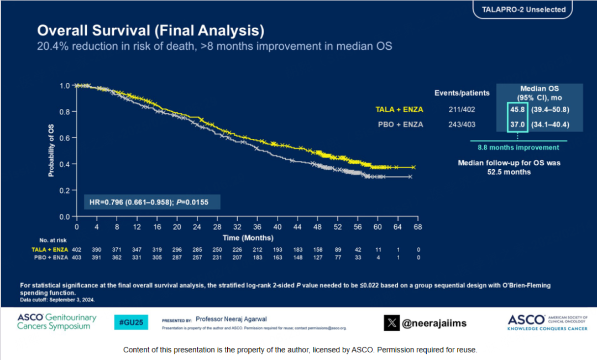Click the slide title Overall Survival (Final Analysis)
point(150,30)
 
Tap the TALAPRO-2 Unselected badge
point(522,10)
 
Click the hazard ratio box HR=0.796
point(151,202)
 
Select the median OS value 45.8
point(517,110)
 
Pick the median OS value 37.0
point(517,124)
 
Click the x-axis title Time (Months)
point(248,238)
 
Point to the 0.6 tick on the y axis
point(65,138)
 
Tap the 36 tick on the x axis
point(258,227)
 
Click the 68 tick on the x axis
point(418,227)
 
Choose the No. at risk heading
point(52,241)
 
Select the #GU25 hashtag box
point(131,322)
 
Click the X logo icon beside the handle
point(391,323)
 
